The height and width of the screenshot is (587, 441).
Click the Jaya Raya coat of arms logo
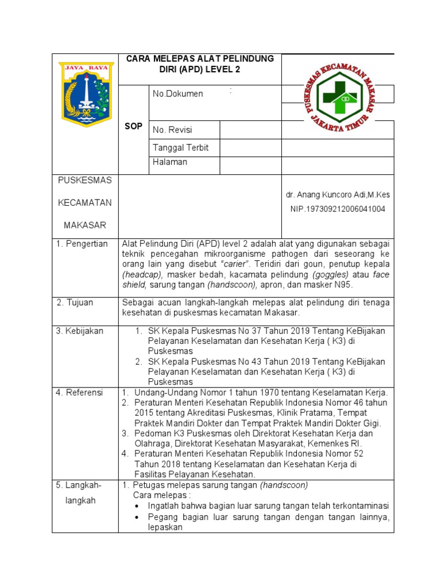point(87,95)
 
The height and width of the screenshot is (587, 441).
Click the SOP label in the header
point(133,127)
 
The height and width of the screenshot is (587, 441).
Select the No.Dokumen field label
point(177,94)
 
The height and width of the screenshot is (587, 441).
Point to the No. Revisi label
point(172,130)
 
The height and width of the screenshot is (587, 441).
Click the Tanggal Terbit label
point(180,148)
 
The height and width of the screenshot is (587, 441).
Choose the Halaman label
point(170,162)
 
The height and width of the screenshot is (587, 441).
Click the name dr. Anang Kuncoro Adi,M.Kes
point(338,195)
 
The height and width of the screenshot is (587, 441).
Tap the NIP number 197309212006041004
point(338,209)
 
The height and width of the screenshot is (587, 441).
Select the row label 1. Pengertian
point(82,244)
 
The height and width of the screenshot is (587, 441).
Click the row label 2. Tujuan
point(75,302)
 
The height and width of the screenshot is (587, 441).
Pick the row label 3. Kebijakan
point(79,331)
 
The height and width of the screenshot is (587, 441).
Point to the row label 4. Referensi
point(79,393)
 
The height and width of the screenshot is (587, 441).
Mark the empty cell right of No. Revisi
point(250,130)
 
